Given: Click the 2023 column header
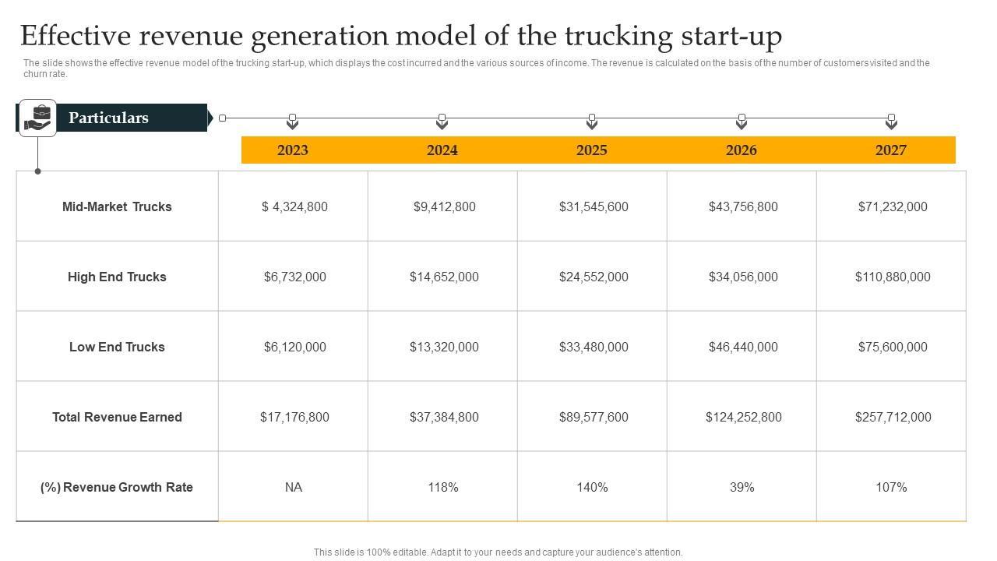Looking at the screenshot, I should pyautogui.click(x=293, y=150).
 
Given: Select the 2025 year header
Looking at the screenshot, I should pyautogui.click(x=592, y=150).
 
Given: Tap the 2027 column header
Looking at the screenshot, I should pyautogui.click(x=890, y=150).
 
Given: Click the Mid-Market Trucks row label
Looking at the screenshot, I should pyautogui.click(x=117, y=206).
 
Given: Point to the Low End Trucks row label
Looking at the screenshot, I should pyautogui.click(x=117, y=347).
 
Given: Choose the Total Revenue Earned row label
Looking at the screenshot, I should pyautogui.click(x=117, y=417).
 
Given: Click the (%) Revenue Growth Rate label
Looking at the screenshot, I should pyautogui.click(x=117, y=487).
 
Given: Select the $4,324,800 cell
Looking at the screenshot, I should pyautogui.click(x=294, y=206).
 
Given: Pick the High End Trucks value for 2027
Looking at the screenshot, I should pyautogui.click(x=893, y=277).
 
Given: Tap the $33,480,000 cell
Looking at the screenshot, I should pyautogui.click(x=594, y=347).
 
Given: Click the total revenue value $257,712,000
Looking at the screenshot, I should pyautogui.click(x=893, y=417).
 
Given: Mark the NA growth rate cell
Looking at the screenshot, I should pyautogui.click(x=293, y=487).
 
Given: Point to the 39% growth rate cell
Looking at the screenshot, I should pyautogui.click(x=742, y=487).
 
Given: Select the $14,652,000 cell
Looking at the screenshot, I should pyautogui.click(x=444, y=277).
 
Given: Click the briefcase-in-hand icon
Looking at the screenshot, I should pyautogui.click(x=37, y=118).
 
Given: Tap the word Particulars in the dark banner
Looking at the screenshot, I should pyautogui.click(x=108, y=118).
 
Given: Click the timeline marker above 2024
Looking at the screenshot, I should pyautogui.click(x=442, y=121).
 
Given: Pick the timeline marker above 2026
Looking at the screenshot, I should pyautogui.click(x=742, y=121).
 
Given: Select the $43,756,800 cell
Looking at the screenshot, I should pyautogui.click(x=743, y=206).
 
